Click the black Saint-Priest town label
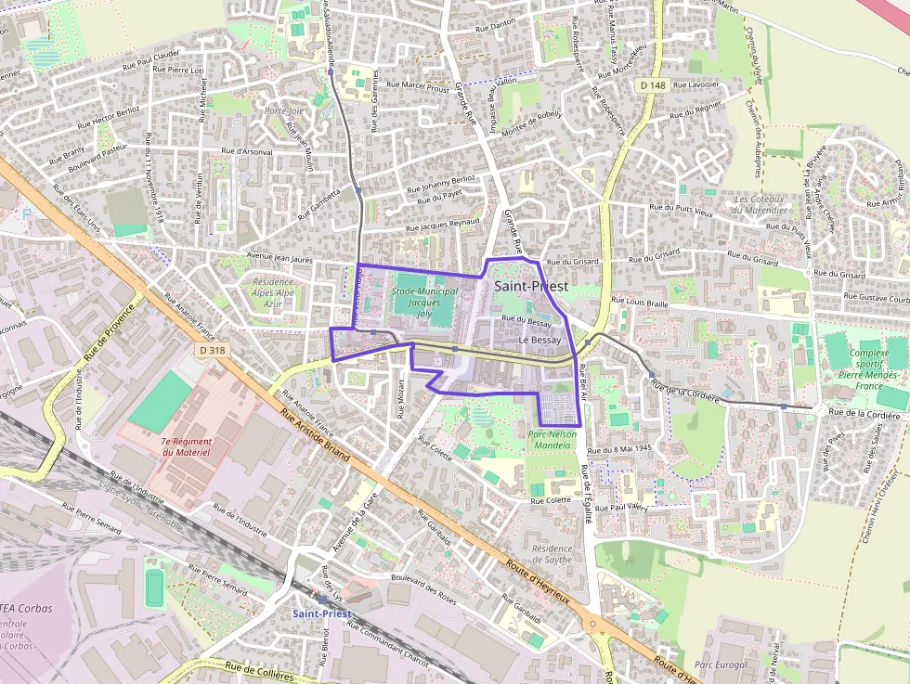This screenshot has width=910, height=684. tap(530, 286)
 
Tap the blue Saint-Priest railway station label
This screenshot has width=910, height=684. tap(321, 613)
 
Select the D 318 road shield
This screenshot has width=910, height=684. tap(212, 350)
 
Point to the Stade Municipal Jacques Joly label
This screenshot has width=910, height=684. tap(424, 303)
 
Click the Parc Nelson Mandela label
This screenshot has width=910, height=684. tap(552, 440)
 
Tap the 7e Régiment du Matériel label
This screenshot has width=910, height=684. tap(187, 446)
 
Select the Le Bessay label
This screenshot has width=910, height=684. tap(539, 341)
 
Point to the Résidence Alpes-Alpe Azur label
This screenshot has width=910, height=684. tap(272, 292)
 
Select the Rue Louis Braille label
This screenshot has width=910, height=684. tap(640, 302)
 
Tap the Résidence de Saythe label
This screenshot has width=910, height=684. tap(552, 554)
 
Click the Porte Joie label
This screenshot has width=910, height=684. tap(283, 110)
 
